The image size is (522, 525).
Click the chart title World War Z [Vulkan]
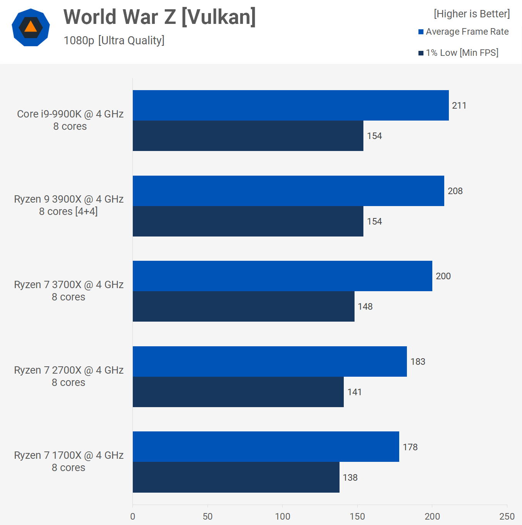point(159,17)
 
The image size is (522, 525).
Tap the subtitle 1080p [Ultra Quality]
point(114,40)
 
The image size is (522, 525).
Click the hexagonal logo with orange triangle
point(31,27)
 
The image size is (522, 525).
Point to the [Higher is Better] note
point(472,14)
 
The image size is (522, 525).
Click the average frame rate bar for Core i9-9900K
point(291,106)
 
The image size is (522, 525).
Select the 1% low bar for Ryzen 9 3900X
point(248,221)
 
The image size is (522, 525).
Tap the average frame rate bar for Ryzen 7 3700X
point(282,276)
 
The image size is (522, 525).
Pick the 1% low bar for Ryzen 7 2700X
point(238,392)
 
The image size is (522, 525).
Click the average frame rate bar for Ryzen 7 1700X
point(266,447)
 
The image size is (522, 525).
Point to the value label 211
point(459,106)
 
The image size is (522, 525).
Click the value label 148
point(365,307)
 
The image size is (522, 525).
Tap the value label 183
point(418,362)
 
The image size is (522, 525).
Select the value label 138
point(350,478)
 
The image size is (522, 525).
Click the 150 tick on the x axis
point(357,517)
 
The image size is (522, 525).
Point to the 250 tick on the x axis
point(507,517)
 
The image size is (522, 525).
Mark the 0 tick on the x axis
point(133,517)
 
